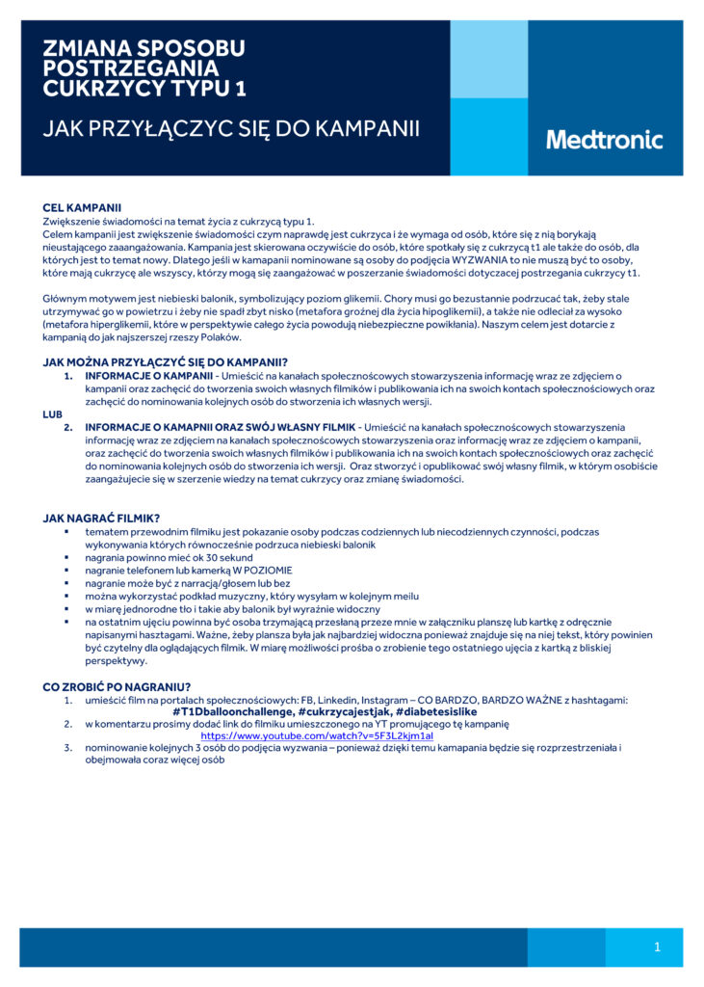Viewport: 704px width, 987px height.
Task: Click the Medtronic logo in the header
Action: (605, 139)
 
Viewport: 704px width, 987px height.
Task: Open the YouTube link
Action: (317, 735)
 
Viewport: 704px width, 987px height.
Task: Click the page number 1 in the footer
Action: (657, 947)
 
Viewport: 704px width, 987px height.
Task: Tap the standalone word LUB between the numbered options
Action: (53, 414)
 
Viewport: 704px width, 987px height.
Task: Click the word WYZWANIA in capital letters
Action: (469, 260)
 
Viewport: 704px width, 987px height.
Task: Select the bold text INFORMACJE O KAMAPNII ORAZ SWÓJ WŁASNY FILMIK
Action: (220, 427)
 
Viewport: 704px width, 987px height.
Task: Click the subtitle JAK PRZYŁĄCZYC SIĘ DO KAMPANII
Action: (231, 128)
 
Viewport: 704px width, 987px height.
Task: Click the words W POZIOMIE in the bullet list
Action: (251, 571)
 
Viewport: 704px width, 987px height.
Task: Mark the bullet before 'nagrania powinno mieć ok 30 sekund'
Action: (68, 558)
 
